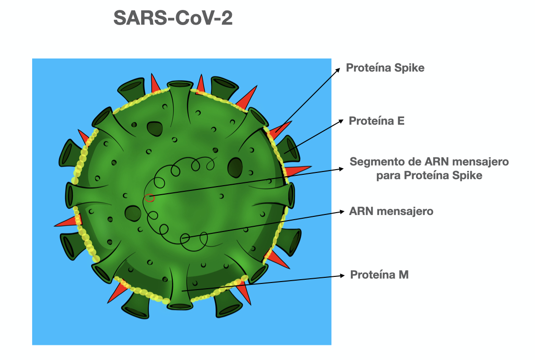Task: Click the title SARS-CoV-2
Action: (x=173, y=18)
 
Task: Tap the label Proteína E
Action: (x=376, y=121)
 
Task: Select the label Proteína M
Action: (x=379, y=274)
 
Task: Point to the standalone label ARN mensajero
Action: (x=391, y=211)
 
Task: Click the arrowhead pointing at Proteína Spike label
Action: (x=338, y=69)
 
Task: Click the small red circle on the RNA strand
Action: (x=150, y=197)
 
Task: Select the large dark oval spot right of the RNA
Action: (x=235, y=166)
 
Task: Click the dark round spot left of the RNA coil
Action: (x=130, y=212)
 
